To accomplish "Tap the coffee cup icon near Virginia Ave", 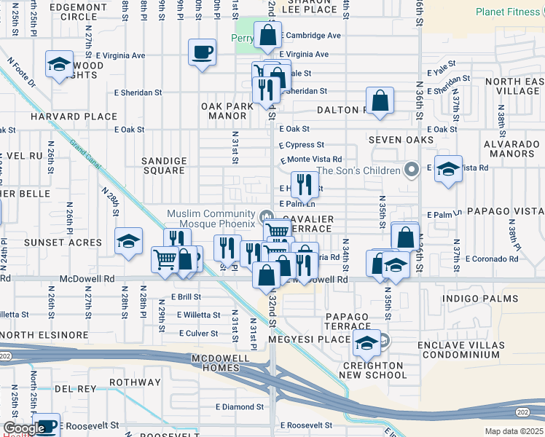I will click(x=202, y=52).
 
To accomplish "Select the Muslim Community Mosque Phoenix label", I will click(x=211, y=219).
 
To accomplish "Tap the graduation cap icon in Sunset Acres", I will click(x=128, y=241).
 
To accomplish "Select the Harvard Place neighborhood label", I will click(x=73, y=117).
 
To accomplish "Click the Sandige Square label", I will click(x=163, y=165).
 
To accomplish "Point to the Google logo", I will click(x=23, y=428).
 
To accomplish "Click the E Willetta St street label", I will click(x=198, y=315).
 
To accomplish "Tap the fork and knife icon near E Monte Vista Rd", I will click(x=305, y=184).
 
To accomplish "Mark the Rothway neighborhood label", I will click(x=134, y=382).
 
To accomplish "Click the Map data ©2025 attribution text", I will click(x=514, y=431).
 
